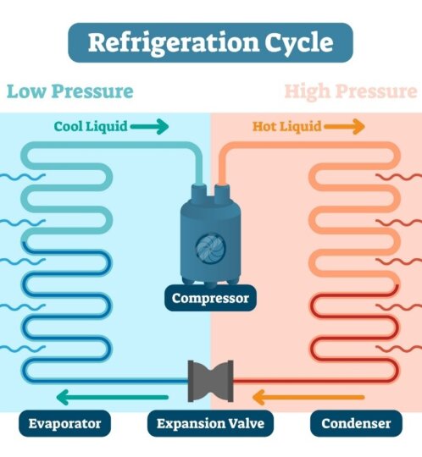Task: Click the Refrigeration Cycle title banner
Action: [211, 41]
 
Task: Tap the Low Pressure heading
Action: [69, 91]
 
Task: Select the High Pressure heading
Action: [350, 91]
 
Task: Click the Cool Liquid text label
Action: [91, 127]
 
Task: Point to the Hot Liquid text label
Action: [287, 127]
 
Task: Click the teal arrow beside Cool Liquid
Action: [150, 127]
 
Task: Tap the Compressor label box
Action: [211, 298]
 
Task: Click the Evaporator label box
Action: [64, 422]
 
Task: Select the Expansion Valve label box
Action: [211, 422]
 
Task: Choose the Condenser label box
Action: [356, 422]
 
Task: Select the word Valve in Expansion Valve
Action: [245, 422]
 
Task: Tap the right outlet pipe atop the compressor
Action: [223, 194]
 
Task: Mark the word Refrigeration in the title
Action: [169, 41]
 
